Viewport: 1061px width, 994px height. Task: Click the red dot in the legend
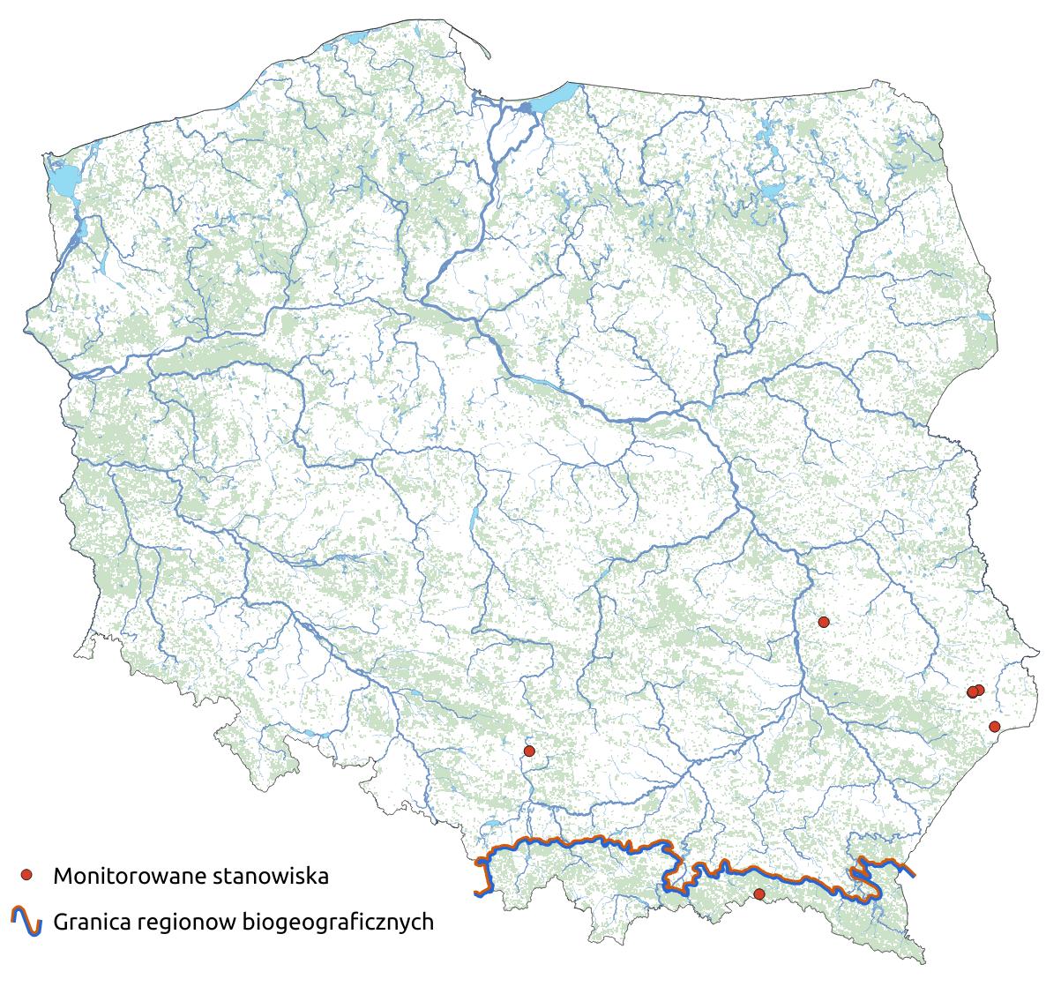click(x=26, y=875)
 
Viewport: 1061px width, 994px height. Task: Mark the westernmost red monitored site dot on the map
click(x=529, y=751)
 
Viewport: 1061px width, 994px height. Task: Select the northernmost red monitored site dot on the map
click(x=824, y=622)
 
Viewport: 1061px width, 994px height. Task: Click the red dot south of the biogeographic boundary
click(x=758, y=894)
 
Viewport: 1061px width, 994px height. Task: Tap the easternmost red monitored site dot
click(x=995, y=727)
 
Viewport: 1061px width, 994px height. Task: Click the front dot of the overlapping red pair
click(x=973, y=692)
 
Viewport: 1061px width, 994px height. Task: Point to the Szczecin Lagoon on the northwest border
click(x=63, y=181)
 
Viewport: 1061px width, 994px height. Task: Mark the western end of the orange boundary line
click(x=477, y=893)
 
